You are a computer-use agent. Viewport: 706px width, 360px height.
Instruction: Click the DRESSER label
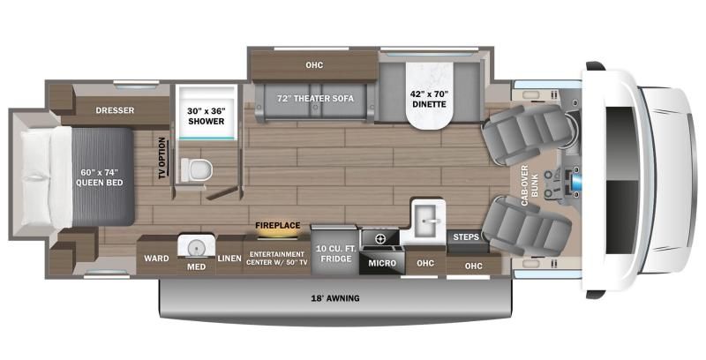(116, 110)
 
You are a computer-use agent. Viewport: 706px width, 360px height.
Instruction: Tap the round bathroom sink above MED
(195, 245)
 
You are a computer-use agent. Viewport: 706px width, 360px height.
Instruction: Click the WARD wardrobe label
(155, 262)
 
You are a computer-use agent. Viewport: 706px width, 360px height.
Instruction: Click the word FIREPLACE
(276, 226)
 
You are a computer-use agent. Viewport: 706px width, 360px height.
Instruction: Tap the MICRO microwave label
(381, 262)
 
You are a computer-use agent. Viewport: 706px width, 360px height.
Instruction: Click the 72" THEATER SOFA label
(315, 99)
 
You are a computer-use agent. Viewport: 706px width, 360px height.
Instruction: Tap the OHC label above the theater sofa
(314, 64)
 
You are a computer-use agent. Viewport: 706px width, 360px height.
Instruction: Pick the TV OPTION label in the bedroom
(161, 159)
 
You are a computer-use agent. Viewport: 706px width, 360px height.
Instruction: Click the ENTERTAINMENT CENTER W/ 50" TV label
(276, 258)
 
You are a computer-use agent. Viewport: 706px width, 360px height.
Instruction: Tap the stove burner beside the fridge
(380, 238)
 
